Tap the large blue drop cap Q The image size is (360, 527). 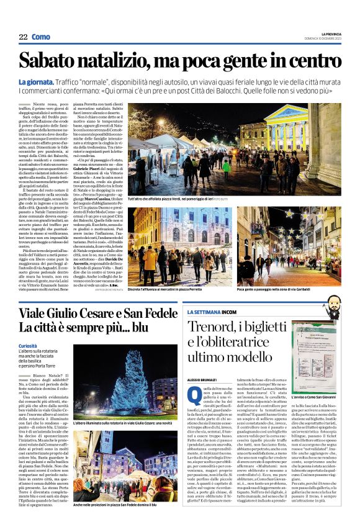point(192,393)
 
